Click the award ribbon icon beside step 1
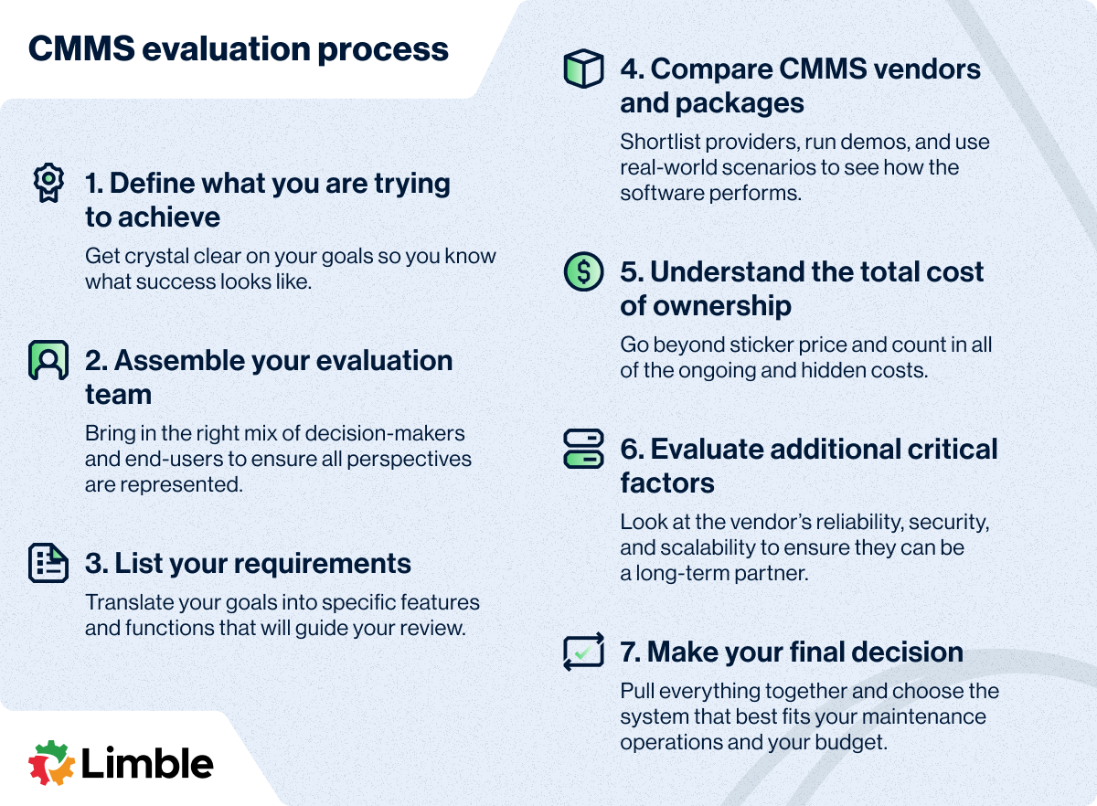coord(48,182)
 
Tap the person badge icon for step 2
coord(48,360)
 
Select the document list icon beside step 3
coord(48,563)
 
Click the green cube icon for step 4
coord(583,69)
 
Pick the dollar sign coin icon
coord(583,271)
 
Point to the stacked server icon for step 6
coord(583,449)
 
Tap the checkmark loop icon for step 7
coord(583,652)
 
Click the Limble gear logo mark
coord(51,762)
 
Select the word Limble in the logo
coord(147,762)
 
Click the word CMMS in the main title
coord(81,49)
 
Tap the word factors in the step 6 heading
coord(667,483)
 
